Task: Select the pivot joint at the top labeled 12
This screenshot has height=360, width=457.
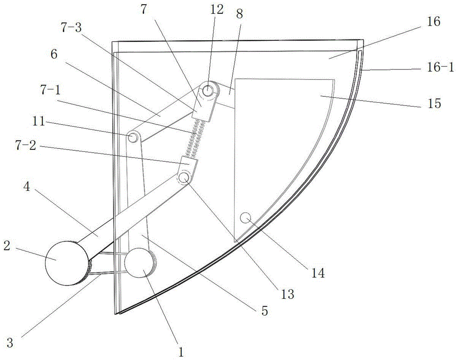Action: [x=209, y=90]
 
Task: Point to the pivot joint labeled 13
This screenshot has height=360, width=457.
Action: [x=184, y=177]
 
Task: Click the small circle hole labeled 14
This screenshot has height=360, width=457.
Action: [x=246, y=217]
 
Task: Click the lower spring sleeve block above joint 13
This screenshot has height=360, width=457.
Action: [x=189, y=163]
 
